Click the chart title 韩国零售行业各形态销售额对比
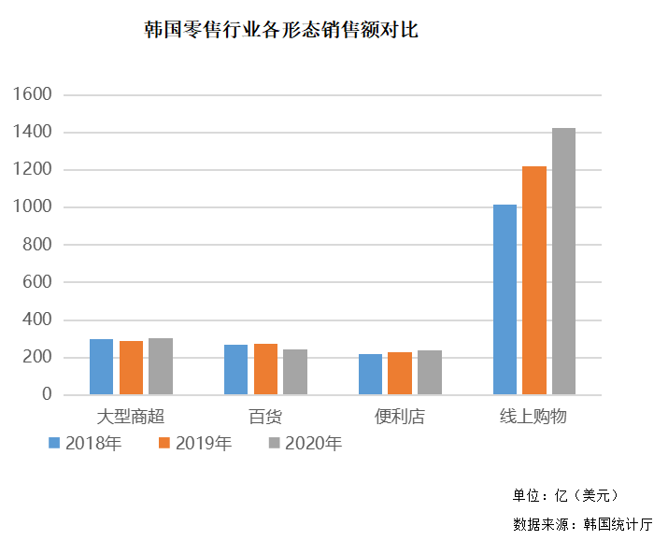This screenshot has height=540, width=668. pos(281,31)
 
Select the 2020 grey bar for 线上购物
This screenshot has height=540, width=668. pos(563,262)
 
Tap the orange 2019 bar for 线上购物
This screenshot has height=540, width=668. pos(533,280)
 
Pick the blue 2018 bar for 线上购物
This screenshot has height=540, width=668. pos(505,299)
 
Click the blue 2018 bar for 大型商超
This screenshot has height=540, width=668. pos(101,367)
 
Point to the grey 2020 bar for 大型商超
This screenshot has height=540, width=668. pos(160,366)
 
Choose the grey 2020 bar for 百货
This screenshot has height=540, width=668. pos(295,372)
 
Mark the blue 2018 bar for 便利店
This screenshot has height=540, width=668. pos(370,375)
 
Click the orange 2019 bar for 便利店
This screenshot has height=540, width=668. pos(400,374)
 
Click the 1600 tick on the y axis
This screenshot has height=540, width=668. pos(34,95)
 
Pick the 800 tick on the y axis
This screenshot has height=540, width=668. pos(38,245)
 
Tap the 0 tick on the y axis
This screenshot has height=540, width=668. pos(48,395)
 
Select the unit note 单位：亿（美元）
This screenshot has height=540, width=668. pos(564,495)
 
